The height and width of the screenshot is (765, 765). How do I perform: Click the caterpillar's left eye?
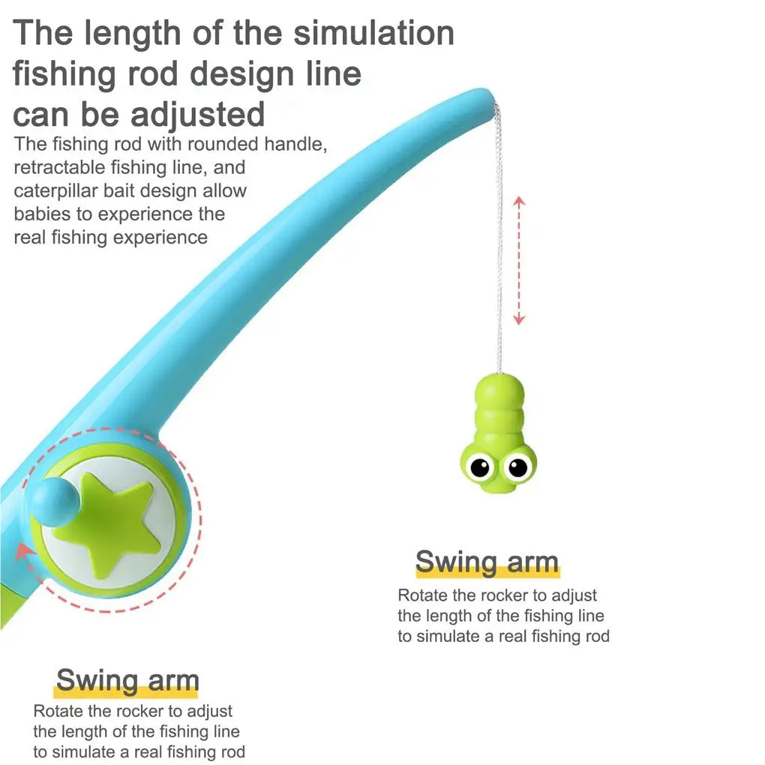coord(478,467)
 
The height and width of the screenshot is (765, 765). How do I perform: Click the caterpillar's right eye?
coord(517,467)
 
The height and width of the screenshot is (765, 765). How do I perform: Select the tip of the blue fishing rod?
coord(483,97)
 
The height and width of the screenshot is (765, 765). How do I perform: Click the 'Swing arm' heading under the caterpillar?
coord(487,562)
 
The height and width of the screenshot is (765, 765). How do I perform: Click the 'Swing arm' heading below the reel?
coord(127,680)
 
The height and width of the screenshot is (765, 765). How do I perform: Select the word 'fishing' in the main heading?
coord(63,74)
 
